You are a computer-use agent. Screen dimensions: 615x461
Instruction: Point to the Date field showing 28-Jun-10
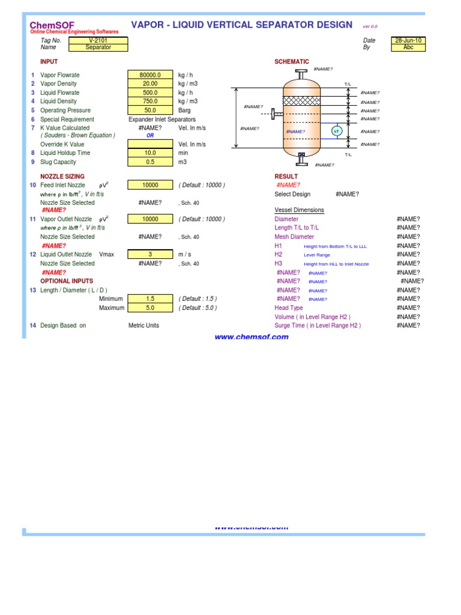tap(408, 40)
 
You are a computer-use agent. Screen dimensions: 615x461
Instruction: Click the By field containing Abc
tap(408, 47)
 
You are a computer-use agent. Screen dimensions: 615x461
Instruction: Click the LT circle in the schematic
tap(336, 132)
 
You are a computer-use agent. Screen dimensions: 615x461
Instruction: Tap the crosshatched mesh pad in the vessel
tap(301, 101)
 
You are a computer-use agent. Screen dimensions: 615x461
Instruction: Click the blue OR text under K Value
tap(150, 136)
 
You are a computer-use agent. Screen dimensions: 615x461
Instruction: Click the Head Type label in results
tap(289, 308)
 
